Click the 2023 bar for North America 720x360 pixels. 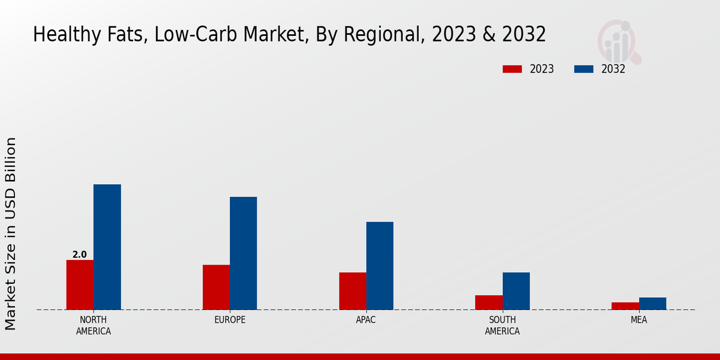pyautogui.click(x=80, y=284)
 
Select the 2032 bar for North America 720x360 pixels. pyautogui.click(x=107, y=247)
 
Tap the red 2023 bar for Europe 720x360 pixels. pyautogui.click(x=216, y=287)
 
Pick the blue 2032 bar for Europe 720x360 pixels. pyautogui.click(x=243, y=253)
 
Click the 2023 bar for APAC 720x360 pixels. pyautogui.click(x=352, y=291)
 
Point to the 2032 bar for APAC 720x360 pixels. pyautogui.click(x=380, y=266)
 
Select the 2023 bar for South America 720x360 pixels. pyautogui.click(x=488, y=302)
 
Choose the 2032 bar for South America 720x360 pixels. pyautogui.click(x=516, y=291)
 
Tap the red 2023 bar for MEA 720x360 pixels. pyautogui.click(x=625, y=306)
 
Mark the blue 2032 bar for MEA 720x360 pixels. pyautogui.click(x=652, y=304)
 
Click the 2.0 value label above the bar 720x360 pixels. pyautogui.click(x=80, y=255)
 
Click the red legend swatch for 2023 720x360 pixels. pyautogui.click(x=512, y=69)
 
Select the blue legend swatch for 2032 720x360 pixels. pyautogui.click(x=584, y=69)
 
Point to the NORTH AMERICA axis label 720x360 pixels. pyautogui.click(x=94, y=325)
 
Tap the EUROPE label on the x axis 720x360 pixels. pyautogui.click(x=230, y=320)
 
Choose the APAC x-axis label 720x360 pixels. pyautogui.click(x=366, y=320)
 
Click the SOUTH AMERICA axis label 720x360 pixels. pyautogui.click(x=502, y=325)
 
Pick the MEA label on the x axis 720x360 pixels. pyautogui.click(x=638, y=320)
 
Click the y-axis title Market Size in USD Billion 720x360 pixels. pyautogui.click(x=11, y=233)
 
